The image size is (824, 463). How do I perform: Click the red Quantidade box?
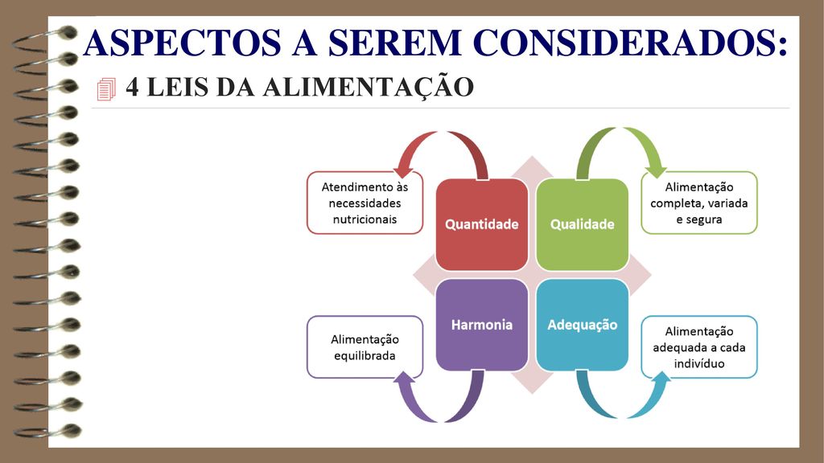coord(482,225)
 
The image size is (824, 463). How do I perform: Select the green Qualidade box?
coord(583,225)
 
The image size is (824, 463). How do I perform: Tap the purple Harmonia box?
coord(482,325)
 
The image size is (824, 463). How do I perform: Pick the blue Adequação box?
coord(583,325)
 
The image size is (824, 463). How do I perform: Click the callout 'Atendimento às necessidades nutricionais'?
coord(365,203)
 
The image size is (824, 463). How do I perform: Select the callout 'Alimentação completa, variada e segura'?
coord(699,203)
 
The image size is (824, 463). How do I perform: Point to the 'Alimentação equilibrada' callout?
coord(365,347)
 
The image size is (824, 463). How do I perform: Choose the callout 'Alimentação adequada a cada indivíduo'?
coord(699,347)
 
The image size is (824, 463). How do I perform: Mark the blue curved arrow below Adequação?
coord(623,416)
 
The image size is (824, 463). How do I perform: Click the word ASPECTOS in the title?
coord(182,43)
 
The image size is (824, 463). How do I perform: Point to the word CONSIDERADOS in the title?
coord(631,43)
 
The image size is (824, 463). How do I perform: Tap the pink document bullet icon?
coord(106,88)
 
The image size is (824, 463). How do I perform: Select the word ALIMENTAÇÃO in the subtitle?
coord(369,87)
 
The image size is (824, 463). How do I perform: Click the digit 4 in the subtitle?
coord(133,88)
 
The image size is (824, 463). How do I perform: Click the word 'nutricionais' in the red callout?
coord(365,219)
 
